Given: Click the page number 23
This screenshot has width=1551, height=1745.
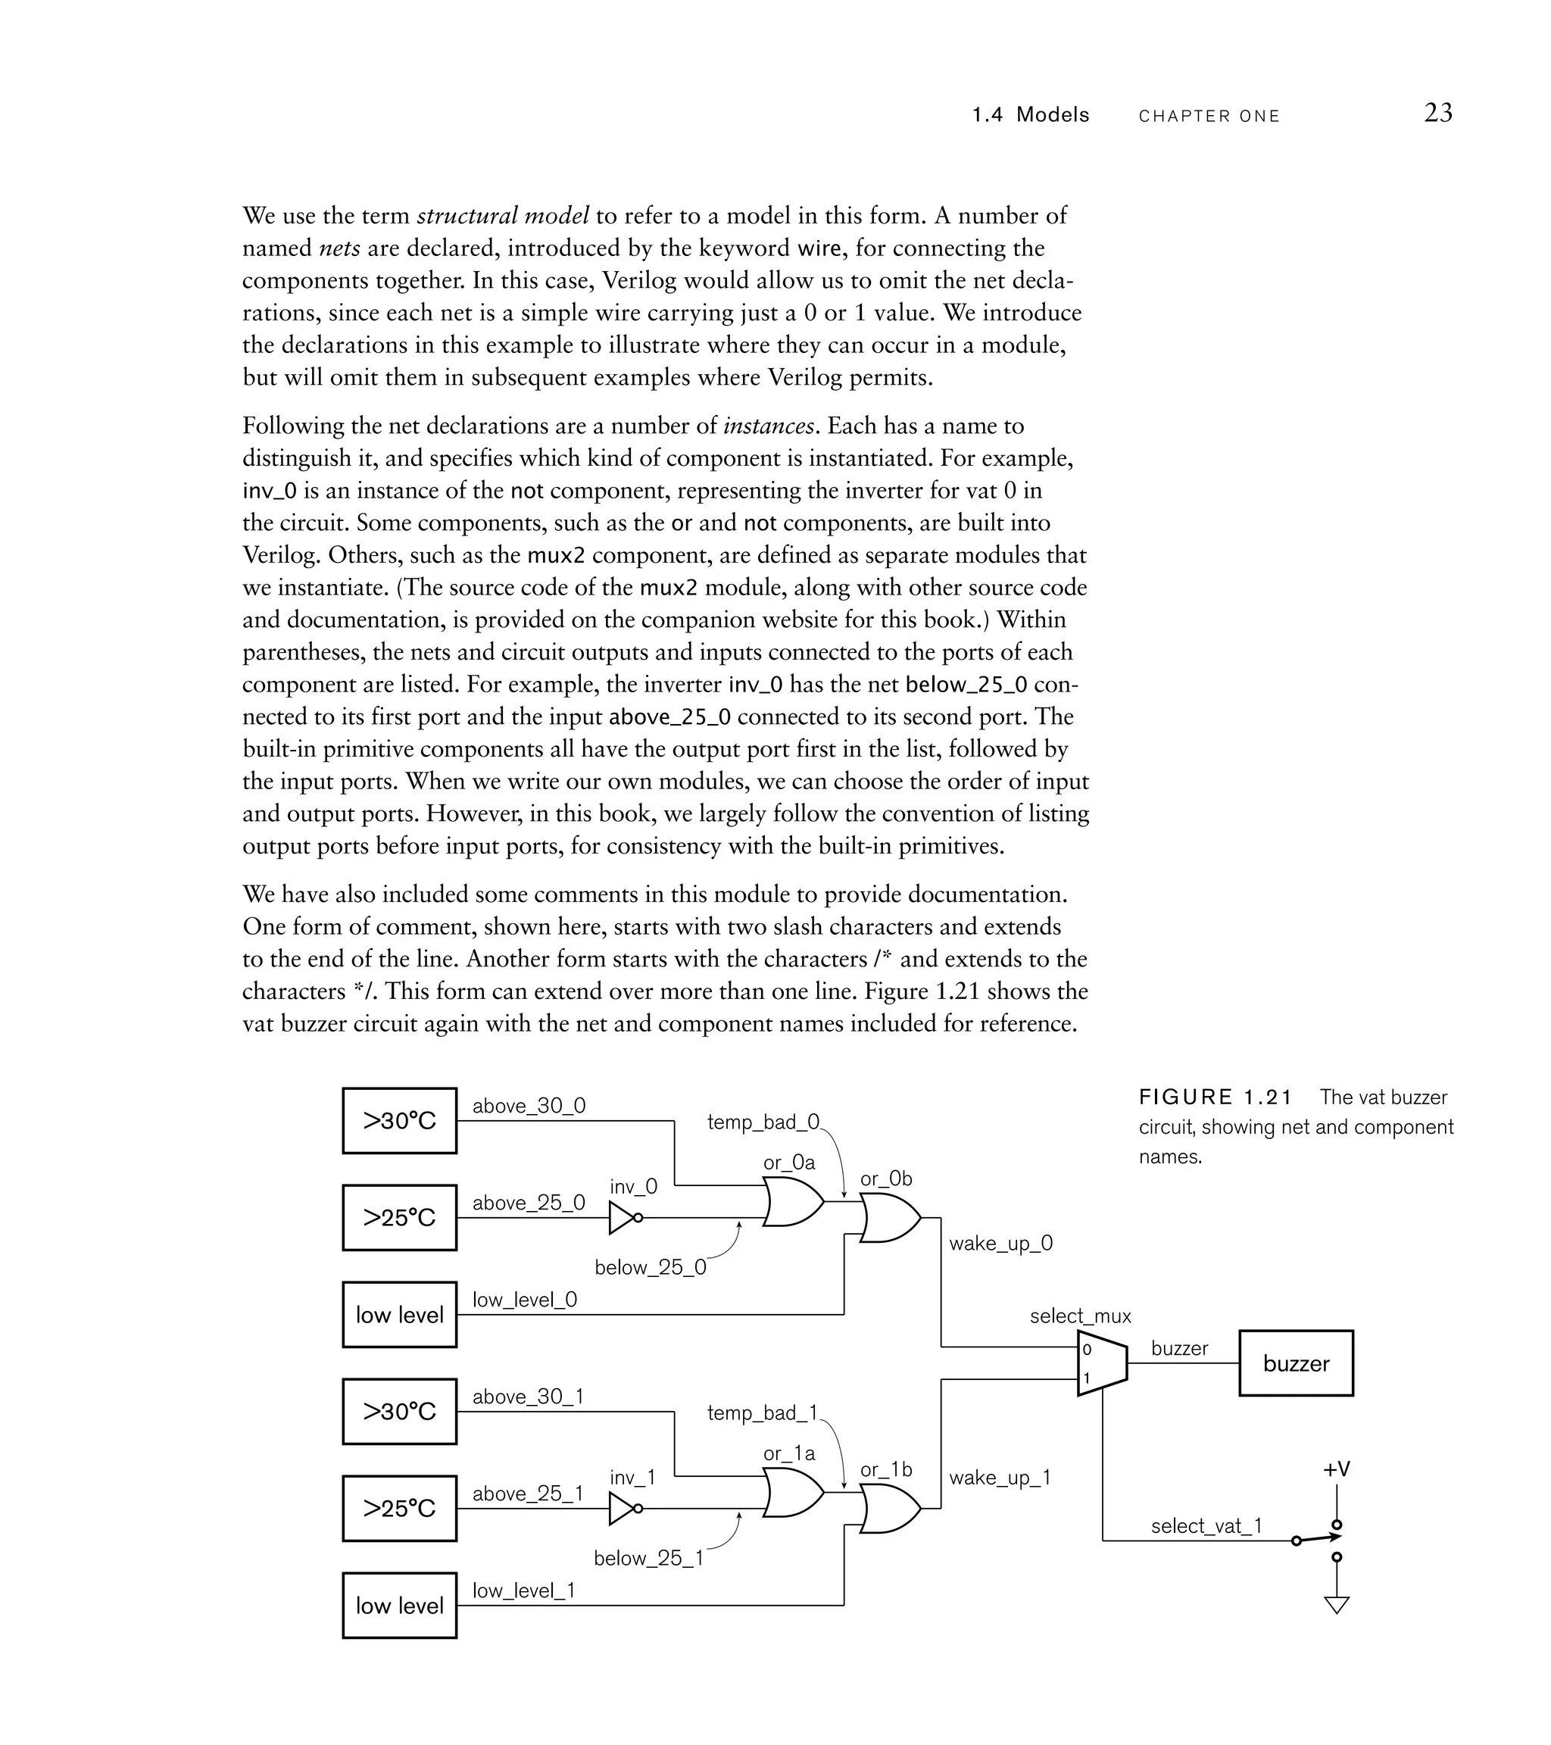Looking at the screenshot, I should [1437, 113].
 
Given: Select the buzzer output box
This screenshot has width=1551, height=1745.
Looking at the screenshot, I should [1295, 1363].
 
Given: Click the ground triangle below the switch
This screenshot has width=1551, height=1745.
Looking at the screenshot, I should [1337, 1605].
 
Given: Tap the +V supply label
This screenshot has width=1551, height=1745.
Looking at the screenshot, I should [1337, 1469].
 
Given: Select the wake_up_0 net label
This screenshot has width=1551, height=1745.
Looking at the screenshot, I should [1000, 1243].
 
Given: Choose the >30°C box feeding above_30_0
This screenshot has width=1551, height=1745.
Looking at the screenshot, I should [399, 1120].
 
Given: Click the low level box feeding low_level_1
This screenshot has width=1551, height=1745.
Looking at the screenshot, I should [399, 1605].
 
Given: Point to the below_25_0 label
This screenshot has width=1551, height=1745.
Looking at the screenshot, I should [651, 1267].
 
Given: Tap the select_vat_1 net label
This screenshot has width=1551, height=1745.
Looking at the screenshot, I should [1206, 1525].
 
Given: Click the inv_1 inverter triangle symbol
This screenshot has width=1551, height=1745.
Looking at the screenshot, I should [623, 1509].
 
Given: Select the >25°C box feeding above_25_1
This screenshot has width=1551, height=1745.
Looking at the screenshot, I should [399, 1509].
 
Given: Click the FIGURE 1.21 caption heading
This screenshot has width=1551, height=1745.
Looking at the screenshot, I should [1216, 1097].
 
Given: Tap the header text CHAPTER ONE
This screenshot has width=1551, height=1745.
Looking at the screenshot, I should [1209, 116].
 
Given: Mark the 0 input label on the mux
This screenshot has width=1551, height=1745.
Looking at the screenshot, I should [1087, 1350].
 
